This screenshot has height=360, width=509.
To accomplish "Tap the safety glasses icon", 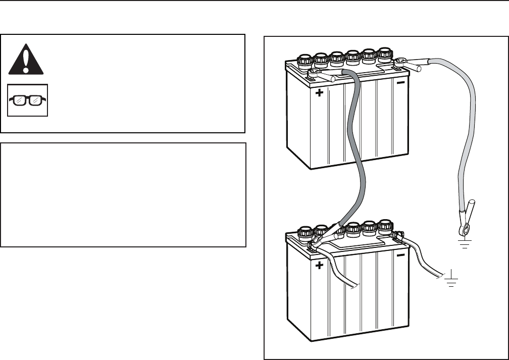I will tap(28, 100).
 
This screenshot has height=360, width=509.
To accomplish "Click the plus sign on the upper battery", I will tap(319, 93).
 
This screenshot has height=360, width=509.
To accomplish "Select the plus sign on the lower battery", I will tap(319, 266).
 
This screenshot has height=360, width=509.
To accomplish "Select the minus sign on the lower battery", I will tap(400, 255).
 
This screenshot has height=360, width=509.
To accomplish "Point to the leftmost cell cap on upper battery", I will tap(305, 61).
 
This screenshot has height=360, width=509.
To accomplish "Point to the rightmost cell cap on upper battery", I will tap(385, 54).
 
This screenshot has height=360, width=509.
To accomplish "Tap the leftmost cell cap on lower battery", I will tap(305, 233).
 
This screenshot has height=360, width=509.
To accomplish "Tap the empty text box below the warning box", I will tap(123, 194).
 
